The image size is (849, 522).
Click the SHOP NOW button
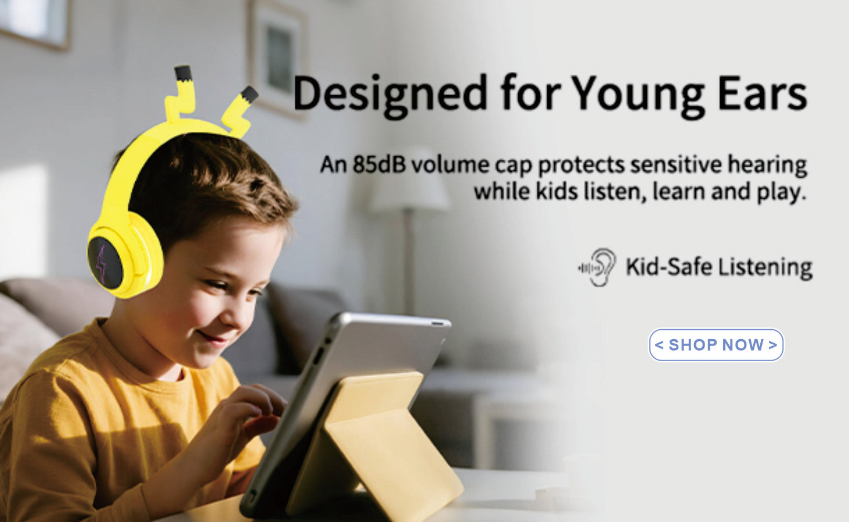coord(716,345)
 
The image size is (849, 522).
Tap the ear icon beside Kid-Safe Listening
coord(598,267)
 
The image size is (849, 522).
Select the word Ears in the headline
coord(762,93)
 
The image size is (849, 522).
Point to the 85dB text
coord(379,165)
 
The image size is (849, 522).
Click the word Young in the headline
coord(638,96)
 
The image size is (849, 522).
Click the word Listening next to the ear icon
coord(765,268)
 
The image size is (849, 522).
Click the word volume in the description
coord(450,165)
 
